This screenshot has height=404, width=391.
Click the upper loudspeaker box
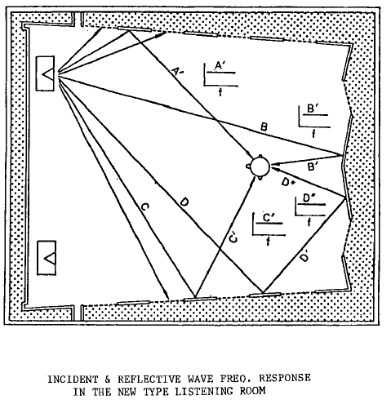tap(45, 73)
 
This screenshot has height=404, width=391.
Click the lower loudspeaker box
tap(47, 258)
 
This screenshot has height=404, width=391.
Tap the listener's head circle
tap(260, 166)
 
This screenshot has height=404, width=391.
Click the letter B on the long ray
tap(264, 127)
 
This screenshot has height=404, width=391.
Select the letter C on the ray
tap(144, 207)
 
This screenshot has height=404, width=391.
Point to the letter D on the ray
tap(184, 202)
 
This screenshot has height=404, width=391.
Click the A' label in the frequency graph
tap(220, 66)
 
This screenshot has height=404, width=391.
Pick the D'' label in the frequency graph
tap(309, 198)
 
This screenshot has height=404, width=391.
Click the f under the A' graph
tap(220, 92)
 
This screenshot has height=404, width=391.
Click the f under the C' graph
tap(268, 242)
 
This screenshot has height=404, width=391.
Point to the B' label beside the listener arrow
tap(313, 166)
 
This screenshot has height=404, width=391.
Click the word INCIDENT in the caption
tap(73, 380)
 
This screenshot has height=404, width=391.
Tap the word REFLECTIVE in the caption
tap(149, 380)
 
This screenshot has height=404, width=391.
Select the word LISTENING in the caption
tap(204, 392)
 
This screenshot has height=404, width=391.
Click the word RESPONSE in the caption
tap(285, 378)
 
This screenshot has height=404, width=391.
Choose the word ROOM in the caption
tap(252, 391)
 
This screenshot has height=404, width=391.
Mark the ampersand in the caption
tap(108, 380)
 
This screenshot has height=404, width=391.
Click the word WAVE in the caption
tap(200, 379)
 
